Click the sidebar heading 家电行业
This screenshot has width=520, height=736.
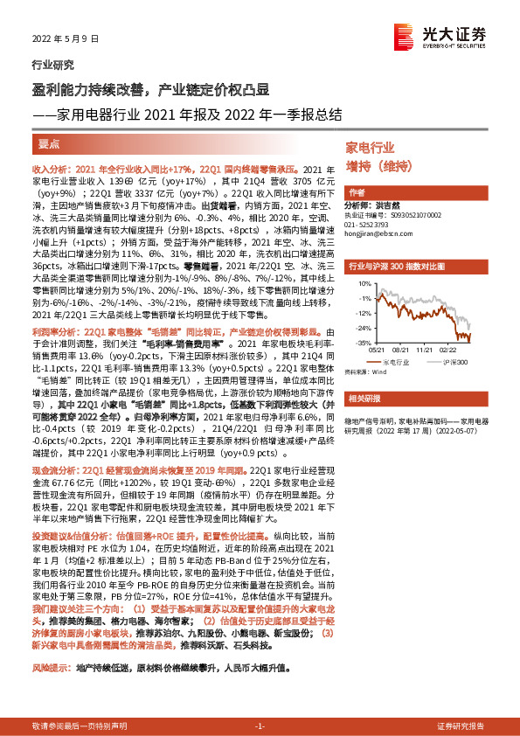point(371,147)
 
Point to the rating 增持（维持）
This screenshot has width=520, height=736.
point(378,166)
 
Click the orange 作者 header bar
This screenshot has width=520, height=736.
point(357,191)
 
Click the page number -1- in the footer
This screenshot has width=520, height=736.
point(260,726)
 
